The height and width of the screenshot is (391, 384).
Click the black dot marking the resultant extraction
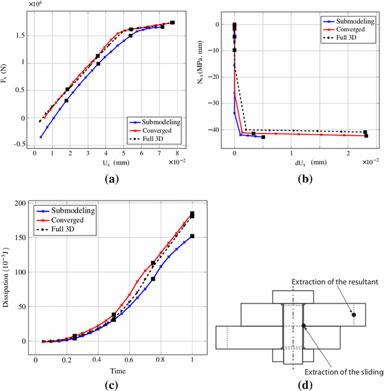354,314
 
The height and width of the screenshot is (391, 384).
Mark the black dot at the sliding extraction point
303,326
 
